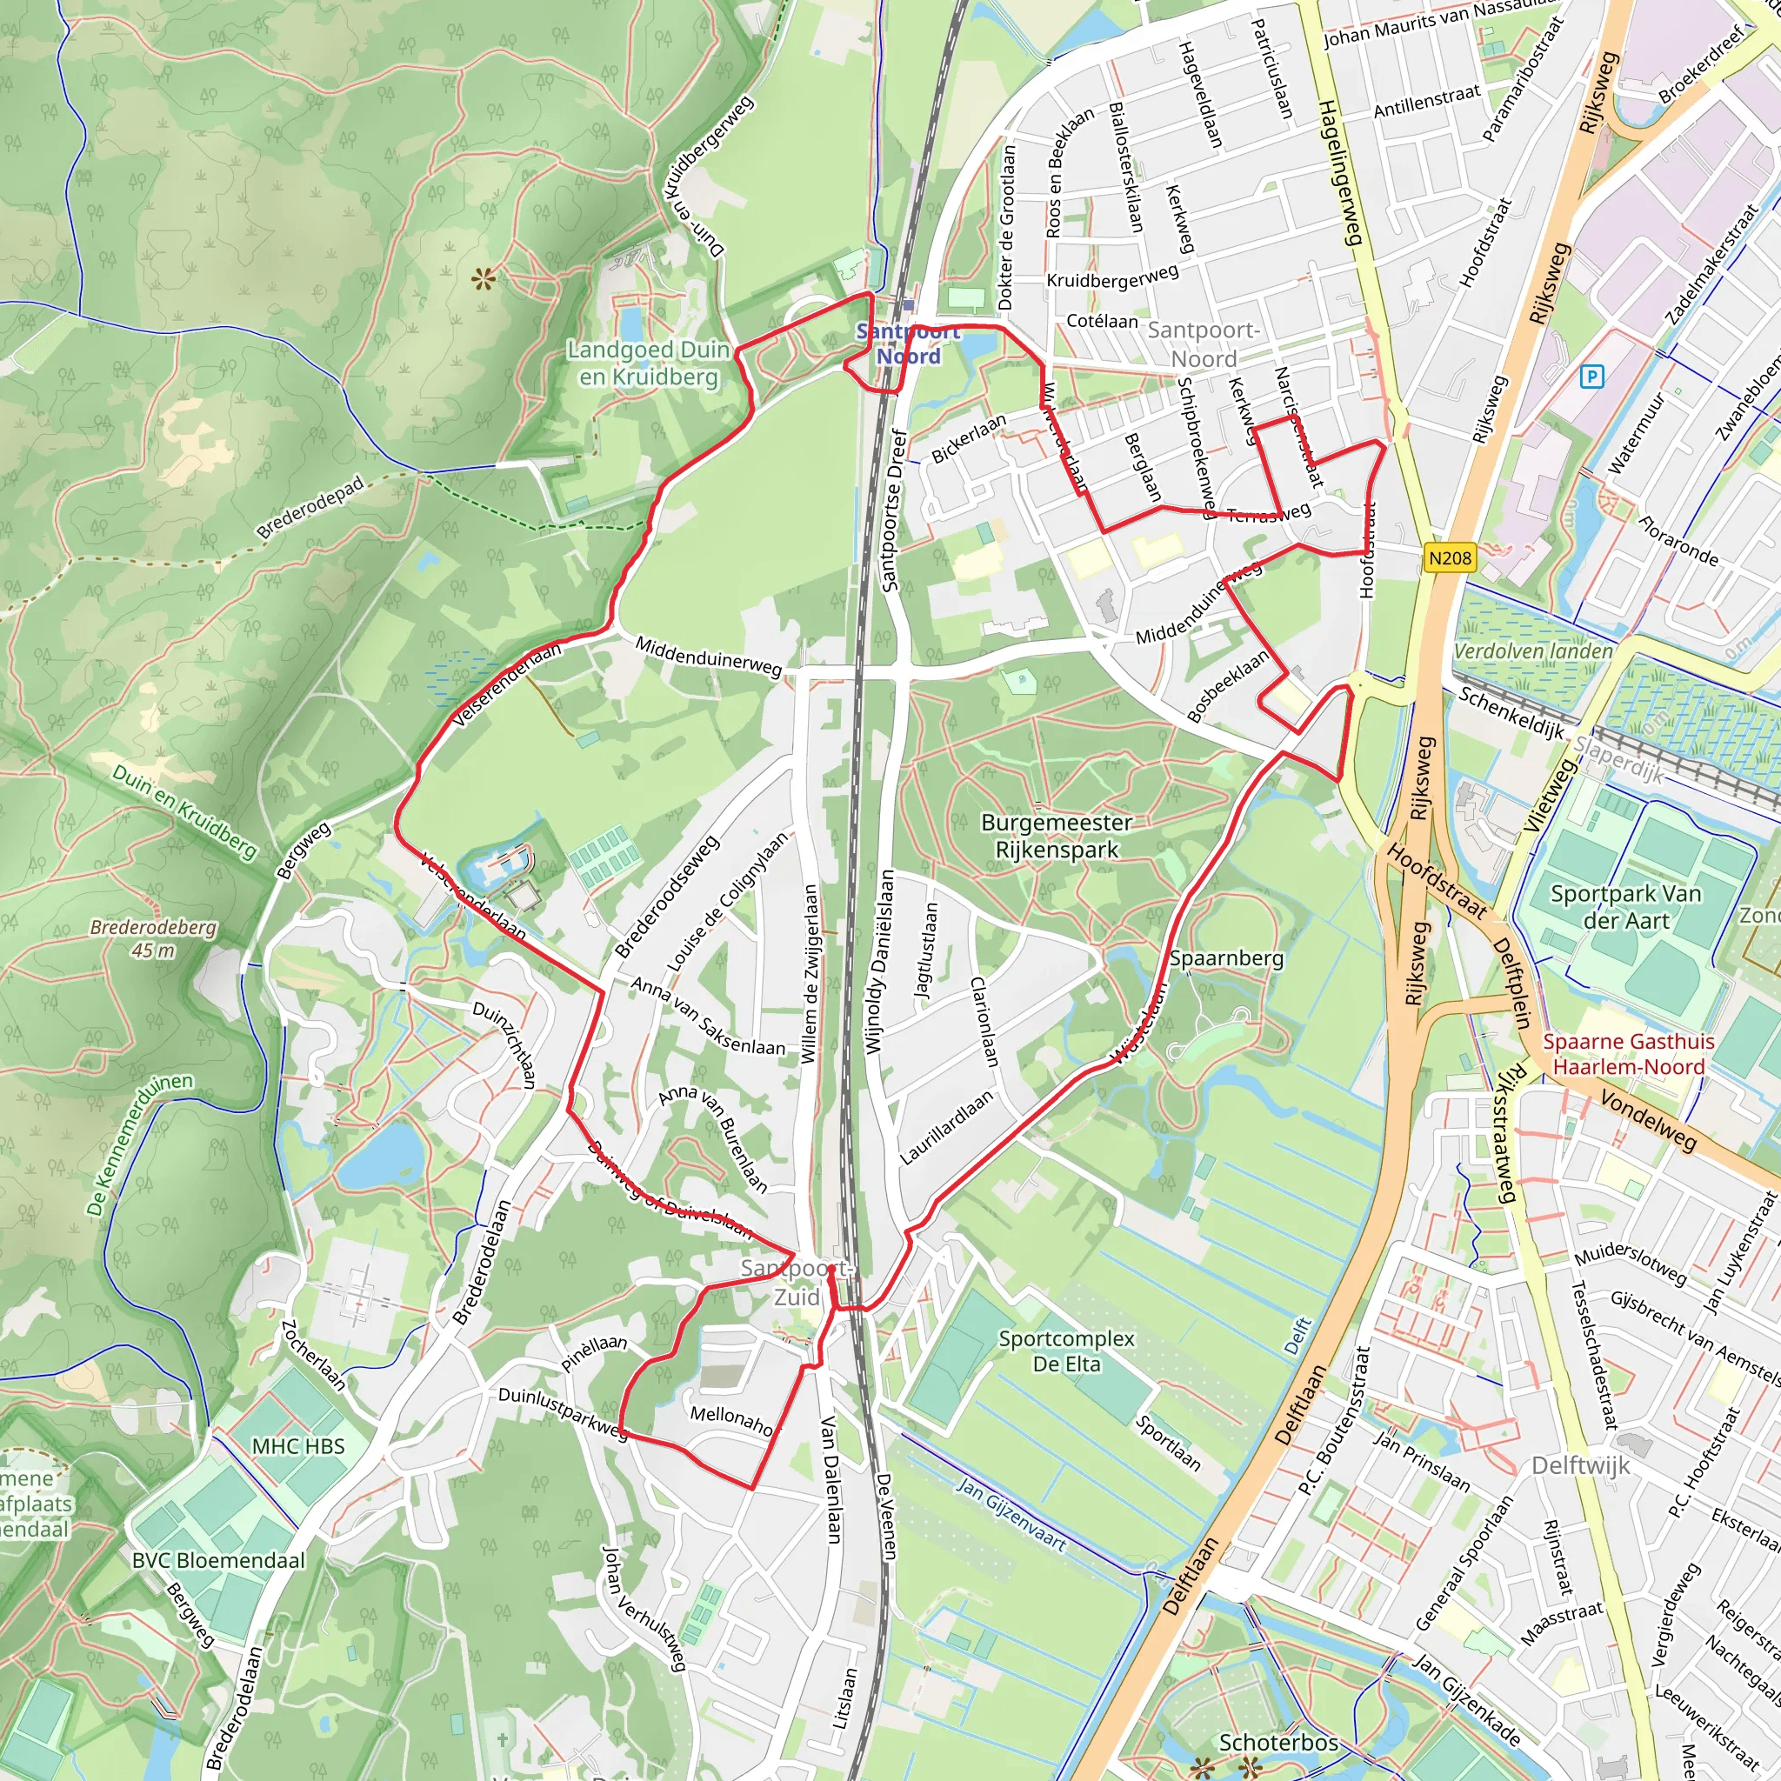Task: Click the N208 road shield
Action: coord(1450,557)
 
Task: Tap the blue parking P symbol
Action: coord(1591,376)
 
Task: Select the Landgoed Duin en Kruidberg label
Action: coord(648,364)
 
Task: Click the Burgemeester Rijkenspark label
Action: coord(1057,836)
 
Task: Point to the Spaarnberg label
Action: coord(1226,958)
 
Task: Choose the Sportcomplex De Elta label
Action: coord(1066,1351)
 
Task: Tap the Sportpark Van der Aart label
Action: coord(1625,906)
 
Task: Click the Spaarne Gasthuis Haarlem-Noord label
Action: coord(1628,1054)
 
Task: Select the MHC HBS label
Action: coord(297,1446)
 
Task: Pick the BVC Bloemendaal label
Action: coord(218,1560)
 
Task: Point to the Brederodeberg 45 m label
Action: coord(153,938)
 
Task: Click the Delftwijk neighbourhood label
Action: coord(1580,1464)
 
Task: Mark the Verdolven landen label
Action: coord(1533,650)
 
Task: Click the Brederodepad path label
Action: coord(310,508)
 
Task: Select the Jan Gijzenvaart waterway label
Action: coord(1011,1514)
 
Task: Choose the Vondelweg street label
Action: coord(1647,1120)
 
